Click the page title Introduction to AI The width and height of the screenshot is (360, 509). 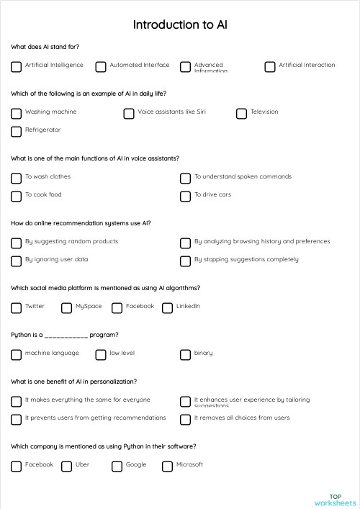(x=180, y=24)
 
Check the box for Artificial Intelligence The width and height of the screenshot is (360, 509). (x=16, y=67)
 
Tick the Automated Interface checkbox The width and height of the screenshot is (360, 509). (x=101, y=67)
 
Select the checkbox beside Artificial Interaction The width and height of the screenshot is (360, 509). (x=270, y=67)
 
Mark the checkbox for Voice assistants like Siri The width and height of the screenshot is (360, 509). (x=129, y=114)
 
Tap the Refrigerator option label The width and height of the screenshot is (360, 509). (x=42, y=130)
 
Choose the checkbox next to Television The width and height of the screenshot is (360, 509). (x=242, y=114)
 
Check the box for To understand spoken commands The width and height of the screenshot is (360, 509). (x=185, y=179)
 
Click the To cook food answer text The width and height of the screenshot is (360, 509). (x=43, y=194)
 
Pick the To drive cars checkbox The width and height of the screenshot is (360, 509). (x=185, y=197)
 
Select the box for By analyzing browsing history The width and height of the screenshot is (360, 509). (x=185, y=243)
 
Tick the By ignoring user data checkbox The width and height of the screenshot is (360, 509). (x=16, y=261)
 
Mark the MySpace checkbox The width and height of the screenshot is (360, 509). (x=66, y=308)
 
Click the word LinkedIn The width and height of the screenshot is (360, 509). (x=188, y=306)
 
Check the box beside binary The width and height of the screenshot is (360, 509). (x=185, y=355)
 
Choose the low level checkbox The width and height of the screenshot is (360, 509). (x=101, y=355)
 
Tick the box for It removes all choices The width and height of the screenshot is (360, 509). (x=185, y=420)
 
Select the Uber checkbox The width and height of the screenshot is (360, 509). (x=66, y=467)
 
